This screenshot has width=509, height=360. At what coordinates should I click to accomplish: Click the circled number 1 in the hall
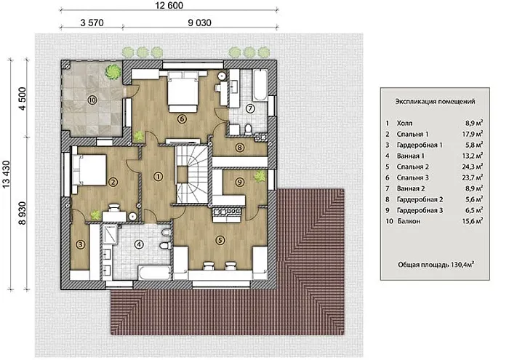pyautogui.click(x=158, y=176)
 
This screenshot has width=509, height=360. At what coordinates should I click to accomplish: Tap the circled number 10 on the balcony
pyautogui.click(x=92, y=100)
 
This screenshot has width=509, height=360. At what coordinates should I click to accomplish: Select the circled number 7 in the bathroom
pyautogui.click(x=250, y=108)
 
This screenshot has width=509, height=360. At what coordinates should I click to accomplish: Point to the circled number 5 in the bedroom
pyautogui.click(x=220, y=240)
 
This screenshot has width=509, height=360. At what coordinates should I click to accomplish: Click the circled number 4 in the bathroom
pyautogui.click(x=139, y=244)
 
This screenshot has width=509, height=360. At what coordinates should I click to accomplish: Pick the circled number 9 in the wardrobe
pyautogui.click(x=239, y=182)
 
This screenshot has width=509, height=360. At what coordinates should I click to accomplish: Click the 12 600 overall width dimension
pyautogui.click(x=169, y=6)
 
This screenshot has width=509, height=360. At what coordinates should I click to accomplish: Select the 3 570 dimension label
pyautogui.click(x=92, y=23)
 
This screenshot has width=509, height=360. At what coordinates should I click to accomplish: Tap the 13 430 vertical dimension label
pyautogui.click(x=6, y=175)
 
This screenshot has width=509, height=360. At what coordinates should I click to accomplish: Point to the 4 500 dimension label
pyautogui.click(x=22, y=99)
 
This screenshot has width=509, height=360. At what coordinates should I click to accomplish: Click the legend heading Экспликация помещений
pyautogui.click(x=435, y=101)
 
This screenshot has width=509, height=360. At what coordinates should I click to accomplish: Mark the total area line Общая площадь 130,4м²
pyautogui.click(x=436, y=265)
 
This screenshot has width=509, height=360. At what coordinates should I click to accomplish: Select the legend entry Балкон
pyautogui.click(x=409, y=221)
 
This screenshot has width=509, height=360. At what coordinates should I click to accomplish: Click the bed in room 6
pyautogui.click(x=183, y=92)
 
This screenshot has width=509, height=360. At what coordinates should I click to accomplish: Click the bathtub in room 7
pyautogui.click(x=260, y=84)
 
